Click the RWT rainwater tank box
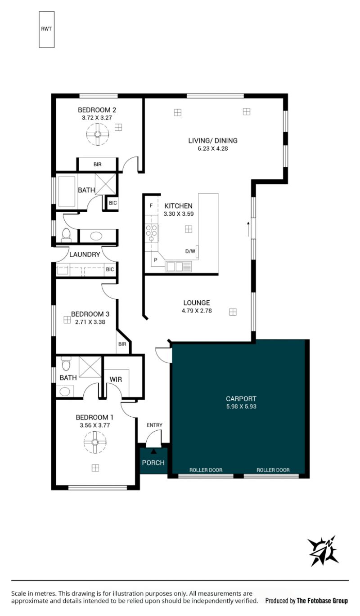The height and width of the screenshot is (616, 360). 46,29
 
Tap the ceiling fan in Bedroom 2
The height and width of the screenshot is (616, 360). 98,134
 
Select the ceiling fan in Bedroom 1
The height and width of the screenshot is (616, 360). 95,442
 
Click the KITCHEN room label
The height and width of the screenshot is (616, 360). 178,205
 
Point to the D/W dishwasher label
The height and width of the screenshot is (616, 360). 190,251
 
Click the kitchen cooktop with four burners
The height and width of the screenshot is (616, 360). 152,232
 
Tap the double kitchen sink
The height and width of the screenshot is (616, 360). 178,267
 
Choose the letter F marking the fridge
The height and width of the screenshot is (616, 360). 151,205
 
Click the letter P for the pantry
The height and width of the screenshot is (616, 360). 156,259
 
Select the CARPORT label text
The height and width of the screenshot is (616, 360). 241,398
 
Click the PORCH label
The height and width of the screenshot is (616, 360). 153,463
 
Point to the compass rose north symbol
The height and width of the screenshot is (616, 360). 323,551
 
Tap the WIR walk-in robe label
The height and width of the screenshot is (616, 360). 116,379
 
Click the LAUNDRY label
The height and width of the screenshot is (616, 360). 85,254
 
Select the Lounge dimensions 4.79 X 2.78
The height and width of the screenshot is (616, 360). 197,311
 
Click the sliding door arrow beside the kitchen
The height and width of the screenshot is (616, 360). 248,229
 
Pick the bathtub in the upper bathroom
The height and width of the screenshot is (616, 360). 66,191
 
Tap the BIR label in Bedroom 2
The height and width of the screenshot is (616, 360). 98,165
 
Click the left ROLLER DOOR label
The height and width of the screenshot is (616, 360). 206,470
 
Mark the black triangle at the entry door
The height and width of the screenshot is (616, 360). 153,451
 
